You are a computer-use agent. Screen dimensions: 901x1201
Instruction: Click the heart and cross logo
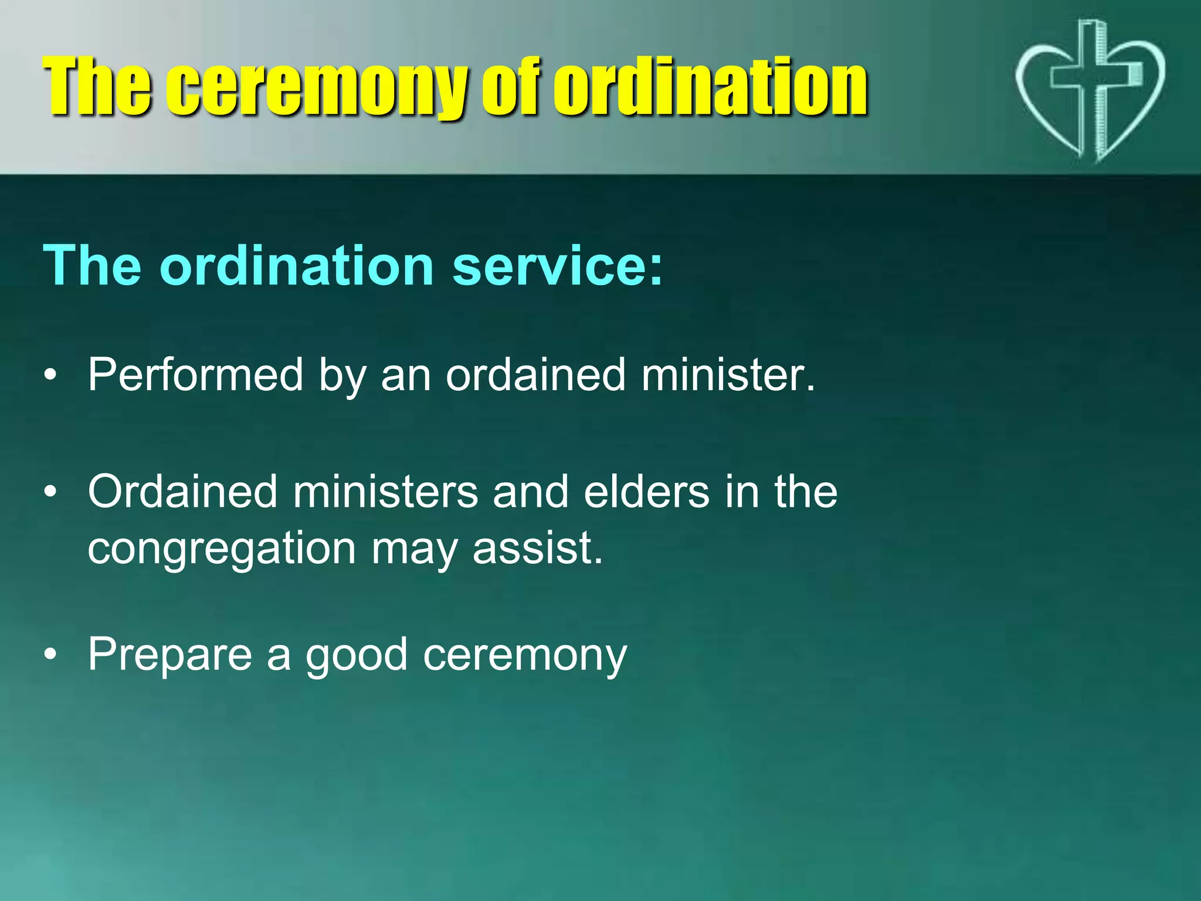1090,91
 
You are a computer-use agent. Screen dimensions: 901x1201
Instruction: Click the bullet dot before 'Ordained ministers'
51,492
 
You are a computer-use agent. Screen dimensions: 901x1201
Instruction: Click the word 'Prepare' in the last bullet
169,654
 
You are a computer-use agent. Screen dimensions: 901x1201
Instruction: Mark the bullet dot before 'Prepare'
51,655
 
